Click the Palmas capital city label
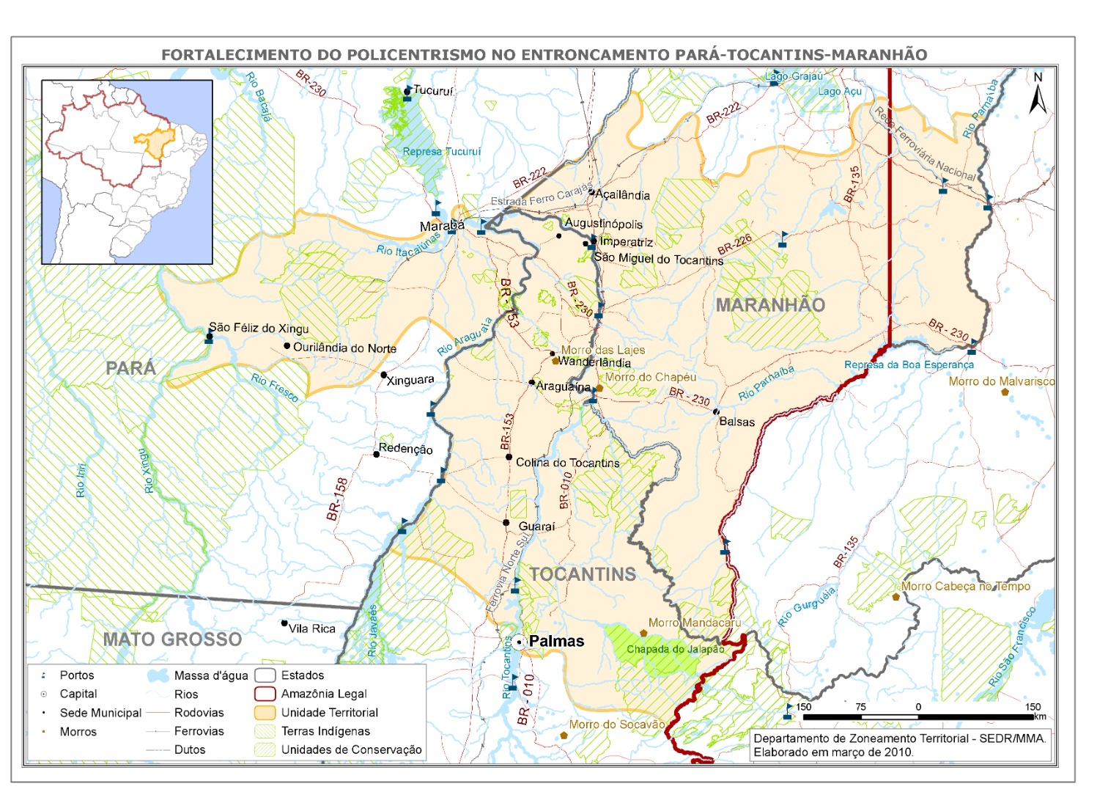[556, 641]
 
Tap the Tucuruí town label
[433, 91]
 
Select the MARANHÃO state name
[770, 305]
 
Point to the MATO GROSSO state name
[172, 639]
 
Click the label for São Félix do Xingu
[259, 328]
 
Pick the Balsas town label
[736, 422]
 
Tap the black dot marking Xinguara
[383, 375]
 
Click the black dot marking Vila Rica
[284, 623]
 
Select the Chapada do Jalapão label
[675, 649]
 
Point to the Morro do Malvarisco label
[1002, 381]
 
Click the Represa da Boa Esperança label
[909, 364]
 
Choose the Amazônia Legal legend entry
[323, 694]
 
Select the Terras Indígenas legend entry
[325, 731]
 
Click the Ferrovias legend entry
[199, 731]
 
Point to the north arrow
[1037, 94]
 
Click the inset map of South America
[127, 172]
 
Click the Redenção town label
[405, 449]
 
